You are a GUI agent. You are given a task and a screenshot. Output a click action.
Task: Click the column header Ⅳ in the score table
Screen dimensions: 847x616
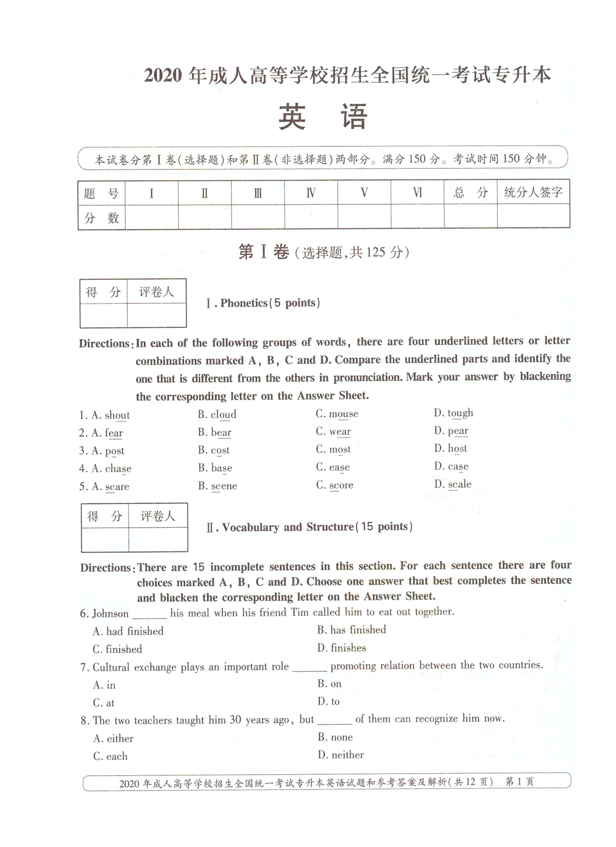tap(311, 192)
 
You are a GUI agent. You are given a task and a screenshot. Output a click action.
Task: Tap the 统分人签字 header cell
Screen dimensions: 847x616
tap(533, 192)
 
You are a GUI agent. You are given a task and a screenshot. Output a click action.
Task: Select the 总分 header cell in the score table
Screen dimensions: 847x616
tap(470, 192)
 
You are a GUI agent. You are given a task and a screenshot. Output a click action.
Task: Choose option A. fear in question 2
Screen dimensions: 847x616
tap(107, 433)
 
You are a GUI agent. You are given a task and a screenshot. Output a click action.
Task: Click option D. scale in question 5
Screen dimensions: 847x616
tap(453, 484)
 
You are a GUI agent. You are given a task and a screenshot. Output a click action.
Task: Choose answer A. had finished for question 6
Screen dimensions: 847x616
tap(128, 631)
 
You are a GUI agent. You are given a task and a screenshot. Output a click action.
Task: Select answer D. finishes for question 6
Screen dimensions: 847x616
tap(342, 648)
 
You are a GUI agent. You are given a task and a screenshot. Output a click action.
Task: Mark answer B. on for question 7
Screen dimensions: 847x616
tap(330, 684)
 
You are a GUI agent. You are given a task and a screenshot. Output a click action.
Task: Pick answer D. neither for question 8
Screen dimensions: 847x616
tap(341, 755)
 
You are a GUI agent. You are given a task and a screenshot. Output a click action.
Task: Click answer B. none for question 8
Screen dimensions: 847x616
tap(335, 737)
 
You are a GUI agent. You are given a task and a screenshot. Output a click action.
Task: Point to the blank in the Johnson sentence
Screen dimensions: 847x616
tap(149, 614)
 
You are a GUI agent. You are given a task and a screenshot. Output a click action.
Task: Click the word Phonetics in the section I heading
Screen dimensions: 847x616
tap(244, 303)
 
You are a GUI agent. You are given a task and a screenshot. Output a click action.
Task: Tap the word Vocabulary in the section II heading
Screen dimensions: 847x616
tap(251, 527)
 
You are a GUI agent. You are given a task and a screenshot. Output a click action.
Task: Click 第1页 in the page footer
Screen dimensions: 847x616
tap(519, 782)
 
